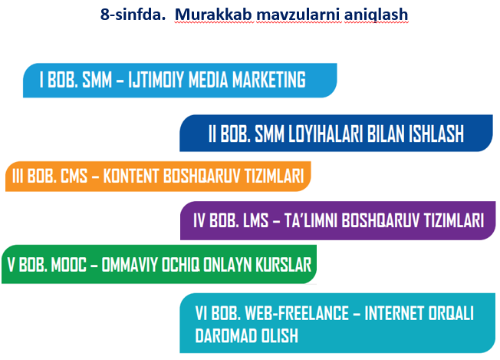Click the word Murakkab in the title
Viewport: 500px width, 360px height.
(x=214, y=15)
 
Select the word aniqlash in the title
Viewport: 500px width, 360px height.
(x=376, y=15)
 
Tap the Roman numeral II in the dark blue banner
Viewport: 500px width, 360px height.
(x=212, y=134)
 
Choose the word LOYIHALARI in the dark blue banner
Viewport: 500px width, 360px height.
(x=326, y=134)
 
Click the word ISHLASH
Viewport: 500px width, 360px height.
(x=436, y=134)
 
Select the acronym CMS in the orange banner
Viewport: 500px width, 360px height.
(x=74, y=176)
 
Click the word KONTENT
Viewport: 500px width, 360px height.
(x=131, y=176)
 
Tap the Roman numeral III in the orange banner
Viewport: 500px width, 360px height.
(x=18, y=176)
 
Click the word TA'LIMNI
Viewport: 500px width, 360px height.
(x=311, y=220)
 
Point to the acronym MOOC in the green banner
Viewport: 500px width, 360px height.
(x=68, y=265)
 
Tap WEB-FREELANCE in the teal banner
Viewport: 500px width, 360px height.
(x=297, y=313)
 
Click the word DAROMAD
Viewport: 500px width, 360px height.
(x=225, y=335)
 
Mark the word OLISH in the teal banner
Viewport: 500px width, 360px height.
(x=280, y=335)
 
